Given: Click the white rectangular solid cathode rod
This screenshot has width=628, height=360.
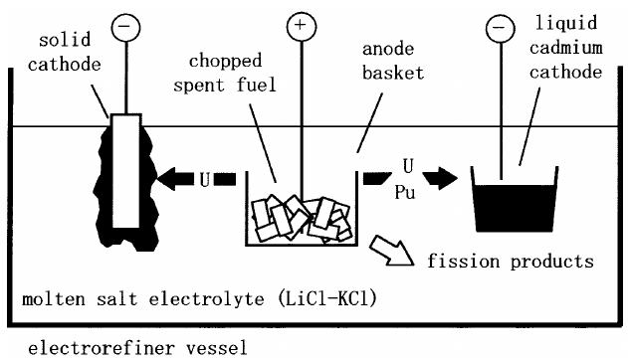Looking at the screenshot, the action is pyautogui.click(x=126, y=171).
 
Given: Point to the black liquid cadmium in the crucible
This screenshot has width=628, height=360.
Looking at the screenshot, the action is pyautogui.click(x=515, y=208).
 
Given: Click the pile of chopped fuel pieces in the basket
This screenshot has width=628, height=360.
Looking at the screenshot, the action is pyautogui.click(x=302, y=219).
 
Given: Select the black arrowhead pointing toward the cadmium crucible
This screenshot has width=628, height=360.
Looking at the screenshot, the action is pyautogui.click(x=440, y=177).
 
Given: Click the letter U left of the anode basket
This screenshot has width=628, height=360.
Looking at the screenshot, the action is pyautogui.click(x=205, y=180).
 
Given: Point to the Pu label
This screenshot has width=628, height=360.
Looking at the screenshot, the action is pyautogui.click(x=405, y=192).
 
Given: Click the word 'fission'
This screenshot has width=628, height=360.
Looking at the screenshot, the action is pyautogui.click(x=464, y=262).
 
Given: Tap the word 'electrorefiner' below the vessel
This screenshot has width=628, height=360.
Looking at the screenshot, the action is pyautogui.click(x=102, y=348).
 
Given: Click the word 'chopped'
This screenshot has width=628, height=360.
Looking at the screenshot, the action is pyautogui.click(x=226, y=62).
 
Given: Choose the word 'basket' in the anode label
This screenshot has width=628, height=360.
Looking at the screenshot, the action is pyautogui.click(x=393, y=74).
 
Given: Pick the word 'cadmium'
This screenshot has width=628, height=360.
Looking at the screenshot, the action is pyautogui.click(x=566, y=48).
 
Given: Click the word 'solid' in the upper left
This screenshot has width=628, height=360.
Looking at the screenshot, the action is pyautogui.click(x=65, y=40).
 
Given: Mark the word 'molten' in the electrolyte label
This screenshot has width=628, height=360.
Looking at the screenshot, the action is pyautogui.click(x=54, y=299).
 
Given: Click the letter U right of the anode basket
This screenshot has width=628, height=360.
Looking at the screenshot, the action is pyautogui.click(x=408, y=166).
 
